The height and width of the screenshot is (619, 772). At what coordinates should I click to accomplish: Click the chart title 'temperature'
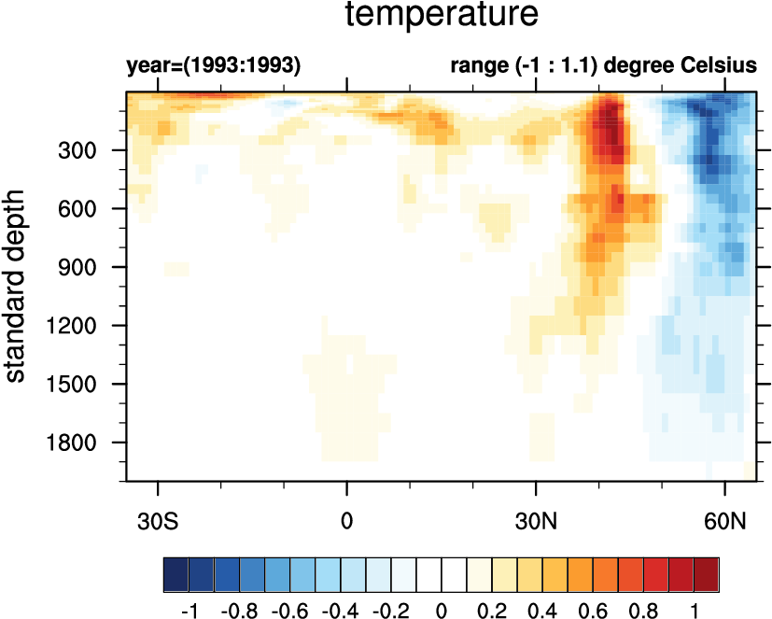click(442, 16)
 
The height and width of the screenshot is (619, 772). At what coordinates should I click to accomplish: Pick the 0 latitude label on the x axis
click(347, 519)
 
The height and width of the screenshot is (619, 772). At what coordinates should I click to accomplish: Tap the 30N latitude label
click(536, 519)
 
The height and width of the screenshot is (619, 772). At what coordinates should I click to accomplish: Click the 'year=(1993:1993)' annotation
click(214, 67)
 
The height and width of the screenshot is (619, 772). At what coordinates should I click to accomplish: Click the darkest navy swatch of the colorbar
click(175, 570)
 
